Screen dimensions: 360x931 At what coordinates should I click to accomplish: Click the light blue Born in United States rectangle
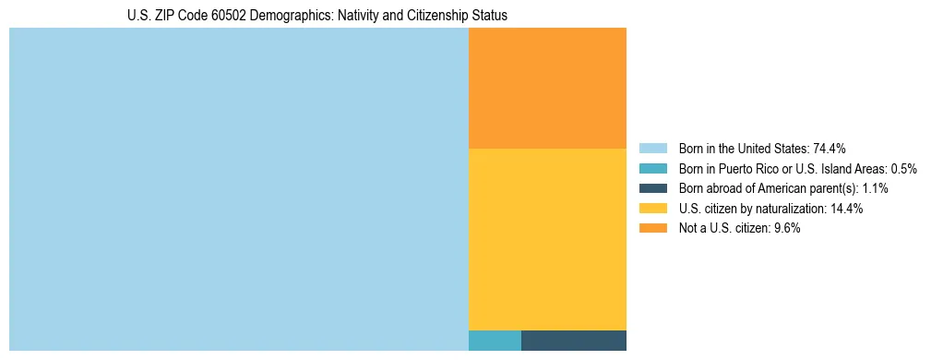[238, 189]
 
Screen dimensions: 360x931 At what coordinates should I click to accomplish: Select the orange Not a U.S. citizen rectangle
[547, 88]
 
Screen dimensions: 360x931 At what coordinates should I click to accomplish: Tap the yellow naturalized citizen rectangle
[547, 238]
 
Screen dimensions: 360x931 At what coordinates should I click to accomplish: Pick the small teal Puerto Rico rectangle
[495, 340]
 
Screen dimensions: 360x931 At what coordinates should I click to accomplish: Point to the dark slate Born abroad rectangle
[573, 340]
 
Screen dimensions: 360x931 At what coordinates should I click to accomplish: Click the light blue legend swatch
[652, 149]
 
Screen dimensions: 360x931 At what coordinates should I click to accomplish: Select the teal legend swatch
[652, 169]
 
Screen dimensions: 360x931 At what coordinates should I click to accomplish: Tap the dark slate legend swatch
[652, 188]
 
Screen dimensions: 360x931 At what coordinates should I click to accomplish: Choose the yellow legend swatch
[652, 209]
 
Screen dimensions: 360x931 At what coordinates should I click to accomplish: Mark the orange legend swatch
[652, 229]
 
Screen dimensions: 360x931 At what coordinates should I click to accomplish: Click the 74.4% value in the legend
[830, 149]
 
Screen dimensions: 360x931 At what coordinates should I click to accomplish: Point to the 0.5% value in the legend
[901, 169]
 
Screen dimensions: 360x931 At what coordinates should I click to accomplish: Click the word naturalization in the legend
[793, 209]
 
